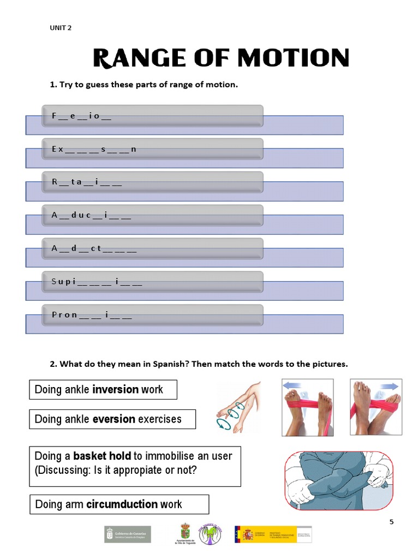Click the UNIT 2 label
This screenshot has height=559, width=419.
61,28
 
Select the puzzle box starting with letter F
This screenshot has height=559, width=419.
153,116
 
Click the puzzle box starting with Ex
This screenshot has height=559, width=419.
153,149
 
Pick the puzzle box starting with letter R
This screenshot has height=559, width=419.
153,182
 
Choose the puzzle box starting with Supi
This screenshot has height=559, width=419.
153,282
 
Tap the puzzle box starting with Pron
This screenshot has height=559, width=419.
153,315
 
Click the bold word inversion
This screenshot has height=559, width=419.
115,390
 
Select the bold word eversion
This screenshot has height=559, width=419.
113,419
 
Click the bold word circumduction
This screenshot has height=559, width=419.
122,504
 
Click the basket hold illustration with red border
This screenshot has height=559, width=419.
339,480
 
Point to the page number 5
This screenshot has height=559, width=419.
391,522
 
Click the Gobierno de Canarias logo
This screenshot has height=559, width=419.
128,534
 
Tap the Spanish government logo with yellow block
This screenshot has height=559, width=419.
273,534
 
